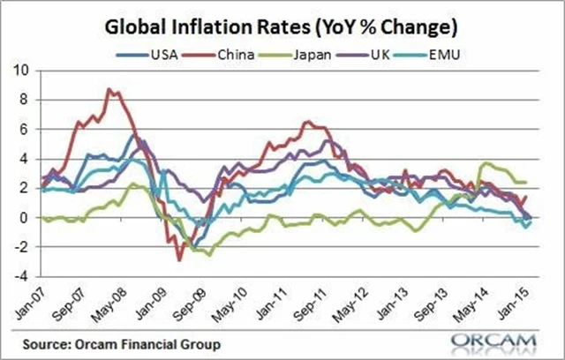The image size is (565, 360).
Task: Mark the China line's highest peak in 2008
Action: click(x=108, y=89)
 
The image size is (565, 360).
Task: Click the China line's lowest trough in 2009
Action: click(x=179, y=259)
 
